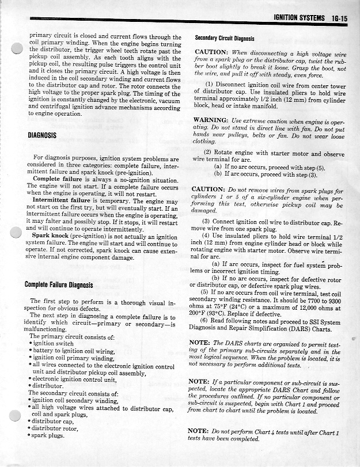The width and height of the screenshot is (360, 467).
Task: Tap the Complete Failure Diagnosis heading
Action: click(60, 284)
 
